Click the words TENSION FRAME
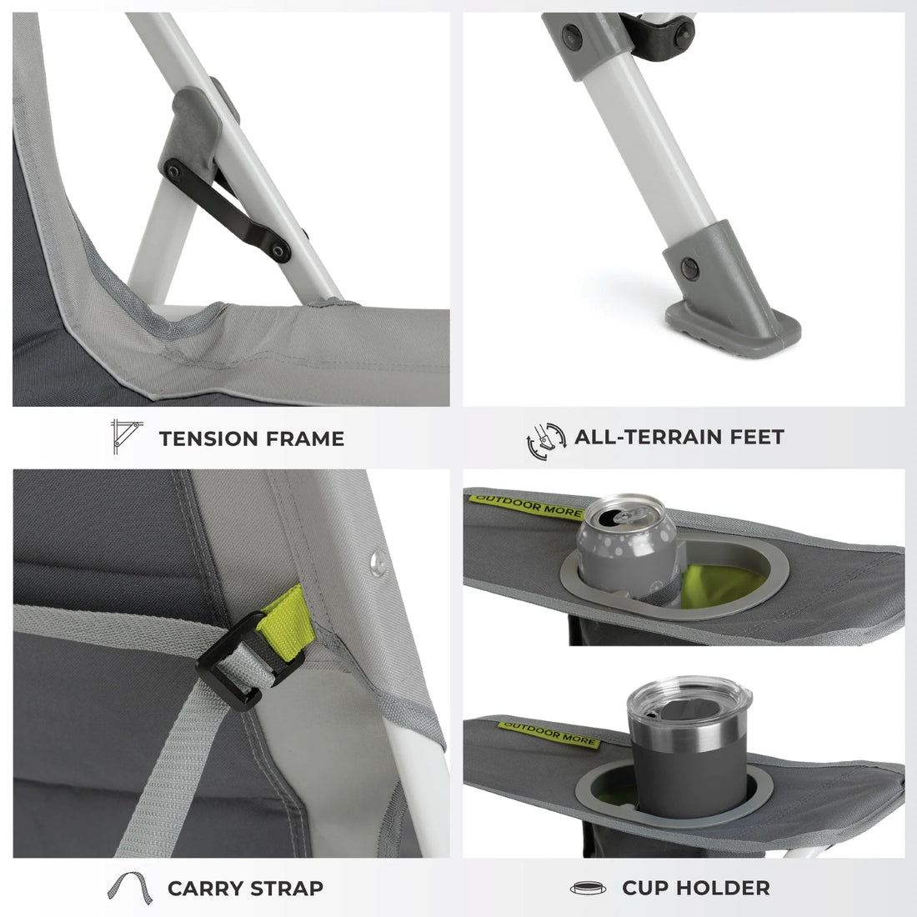tap(251, 438)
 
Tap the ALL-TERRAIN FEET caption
tap(679, 436)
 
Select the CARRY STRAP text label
tap(245, 888)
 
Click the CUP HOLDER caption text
tap(695, 888)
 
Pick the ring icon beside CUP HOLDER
tap(588, 889)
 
